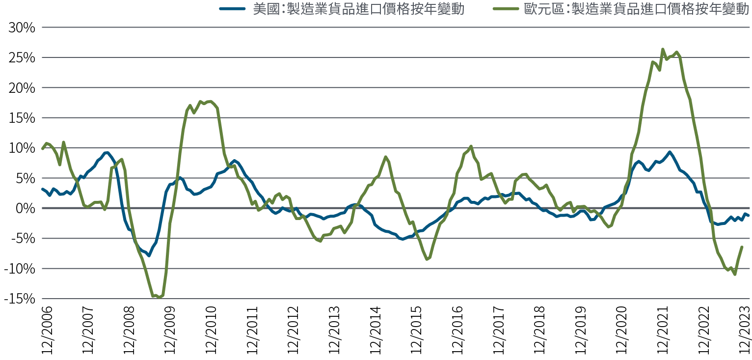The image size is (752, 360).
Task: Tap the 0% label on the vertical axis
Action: (x=26, y=209)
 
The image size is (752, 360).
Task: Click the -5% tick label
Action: (x=23, y=239)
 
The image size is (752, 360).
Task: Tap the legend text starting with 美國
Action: (x=358, y=8)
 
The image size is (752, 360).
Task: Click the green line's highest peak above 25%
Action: (x=663, y=49)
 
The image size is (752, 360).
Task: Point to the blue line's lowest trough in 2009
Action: (x=149, y=255)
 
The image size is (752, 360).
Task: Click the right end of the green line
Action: (x=742, y=247)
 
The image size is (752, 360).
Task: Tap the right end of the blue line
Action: (x=748, y=216)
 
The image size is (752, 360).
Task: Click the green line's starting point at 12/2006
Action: (x=42, y=148)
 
